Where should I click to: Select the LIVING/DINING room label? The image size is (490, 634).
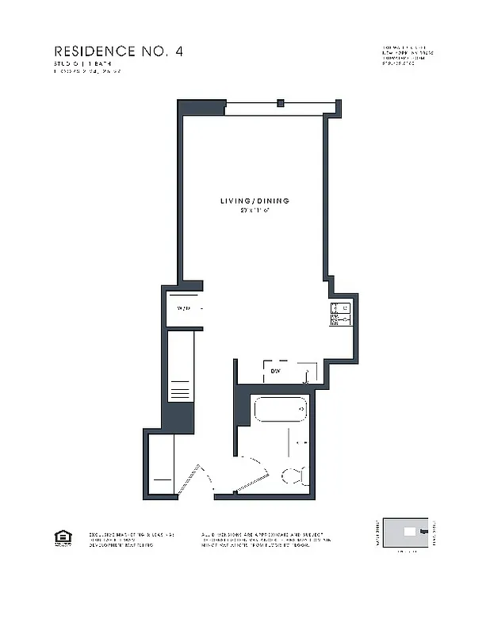pyautogui.click(x=255, y=201)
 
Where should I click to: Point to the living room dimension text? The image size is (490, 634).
pyautogui.click(x=255, y=212)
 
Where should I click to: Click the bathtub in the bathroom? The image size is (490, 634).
pyautogui.click(x=279, y=411)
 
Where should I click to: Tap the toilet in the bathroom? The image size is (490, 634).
pyautogui.click(x=293, y=475)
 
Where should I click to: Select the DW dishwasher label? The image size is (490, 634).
pyautogui.click(x=276, y=371)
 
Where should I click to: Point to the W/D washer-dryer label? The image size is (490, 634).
pyautogui.click(x=184, y=308)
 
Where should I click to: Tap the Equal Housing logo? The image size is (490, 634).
pyautogui.click(x=61, y=540)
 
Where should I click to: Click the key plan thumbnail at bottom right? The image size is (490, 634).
pyautogui.click(x=408, y=532)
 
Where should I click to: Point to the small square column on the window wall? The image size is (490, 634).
pyautogui.click(x=280, y=102)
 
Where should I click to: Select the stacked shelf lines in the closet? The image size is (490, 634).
pyautogui.click(x=179, y=391)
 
